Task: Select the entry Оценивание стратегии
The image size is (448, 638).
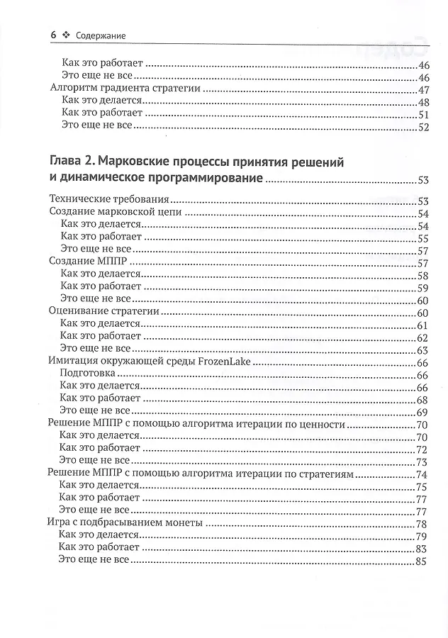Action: tap(103, 311)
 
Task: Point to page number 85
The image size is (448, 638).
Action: tap(423, 563)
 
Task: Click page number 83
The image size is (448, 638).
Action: tap(423, 549)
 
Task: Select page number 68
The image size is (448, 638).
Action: tap(423, 400)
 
